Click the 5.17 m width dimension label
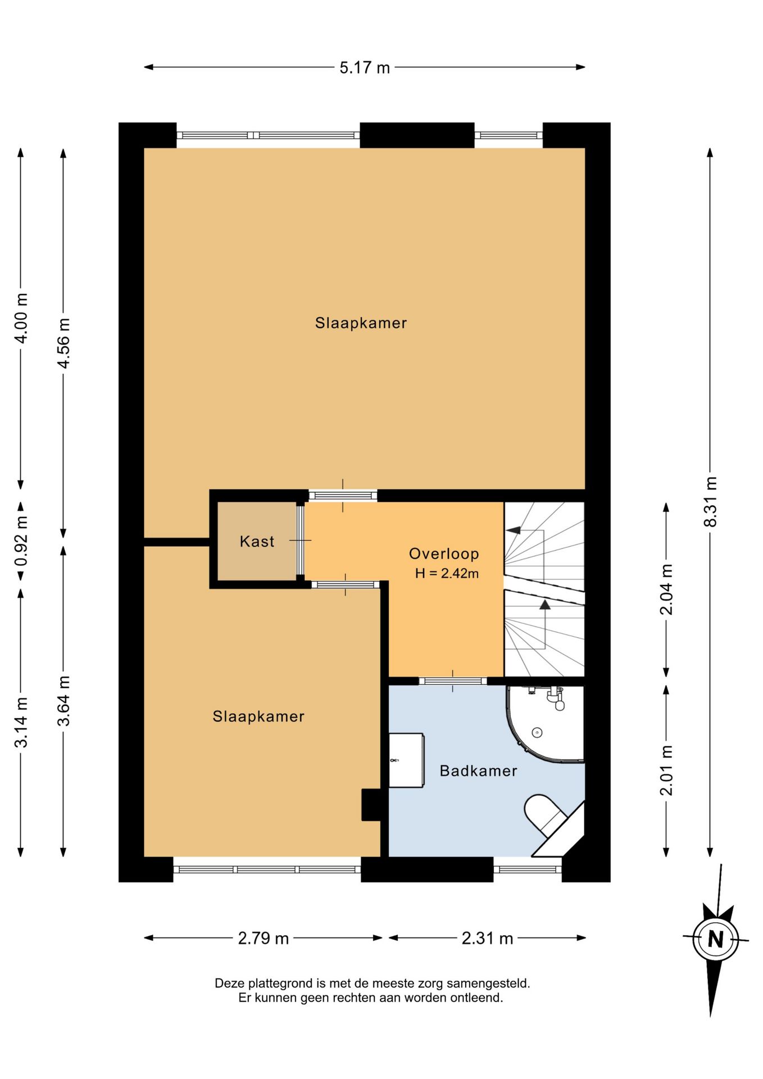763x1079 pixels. [x=365, y=67]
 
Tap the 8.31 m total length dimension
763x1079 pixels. [x=711, y=501]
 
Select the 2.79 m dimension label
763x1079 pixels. [x=264, y=938]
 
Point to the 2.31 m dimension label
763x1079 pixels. [x=487, y=938]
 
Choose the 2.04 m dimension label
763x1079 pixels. [x=666, y=589]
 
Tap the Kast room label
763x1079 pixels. [x=257, y=541]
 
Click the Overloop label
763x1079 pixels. [x=444, y=554]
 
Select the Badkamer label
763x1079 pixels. [x=478, y=770]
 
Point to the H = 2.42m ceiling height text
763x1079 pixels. [x=447, y=574]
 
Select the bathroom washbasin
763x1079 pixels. [x=406, y=760]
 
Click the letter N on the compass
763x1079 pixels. [x=715, y=939]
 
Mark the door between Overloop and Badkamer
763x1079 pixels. [x=453, y=681]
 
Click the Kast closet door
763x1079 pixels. [x=300, y=541]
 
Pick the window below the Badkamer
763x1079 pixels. [x=528, y=869]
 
